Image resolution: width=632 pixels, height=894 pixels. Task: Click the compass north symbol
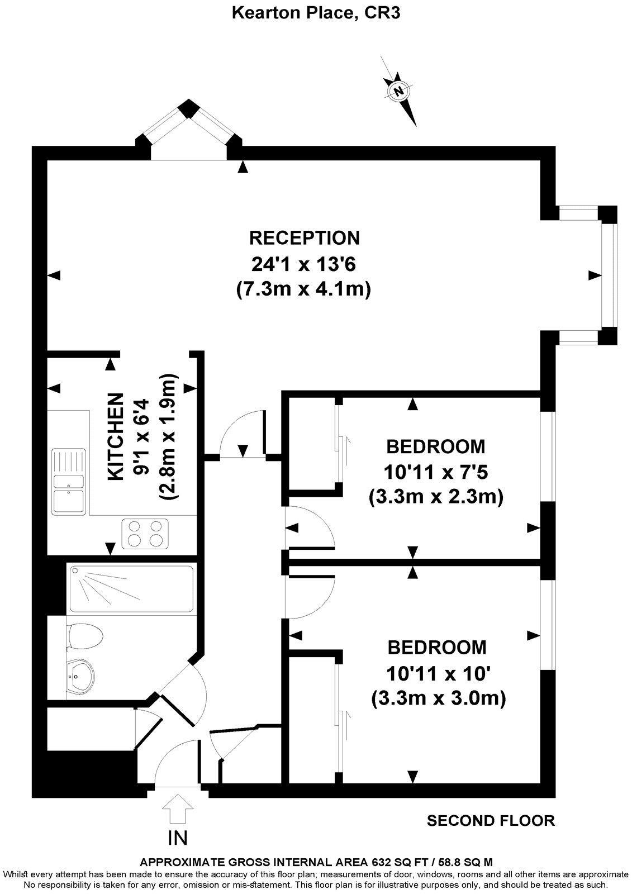pyautogui.click(x=398, y=90)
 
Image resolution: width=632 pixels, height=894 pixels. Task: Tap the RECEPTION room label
pyautogui.click(x=305, y=237)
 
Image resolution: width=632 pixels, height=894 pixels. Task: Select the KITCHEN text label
pyautogui.click(x=115, y=436)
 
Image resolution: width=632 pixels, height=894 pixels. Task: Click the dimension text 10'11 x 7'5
pyautogui.click(x=436, y=473)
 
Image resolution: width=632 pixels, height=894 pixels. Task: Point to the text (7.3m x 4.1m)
pyautogui.click(x=305, y=289)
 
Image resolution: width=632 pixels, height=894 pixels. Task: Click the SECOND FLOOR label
pyautogui.click(x=491, y=820)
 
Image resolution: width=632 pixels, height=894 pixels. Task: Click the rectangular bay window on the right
pyautogui.click(x=608, y=275)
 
